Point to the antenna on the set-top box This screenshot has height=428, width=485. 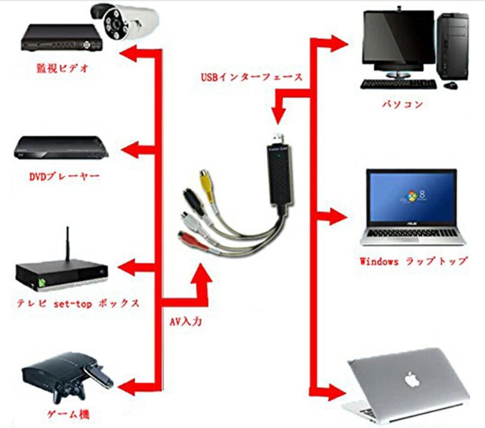(66, 244)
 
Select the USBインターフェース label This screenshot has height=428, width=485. (251, 77)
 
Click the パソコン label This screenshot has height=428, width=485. (403, 105)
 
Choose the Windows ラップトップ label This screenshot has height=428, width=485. (413, 261)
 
